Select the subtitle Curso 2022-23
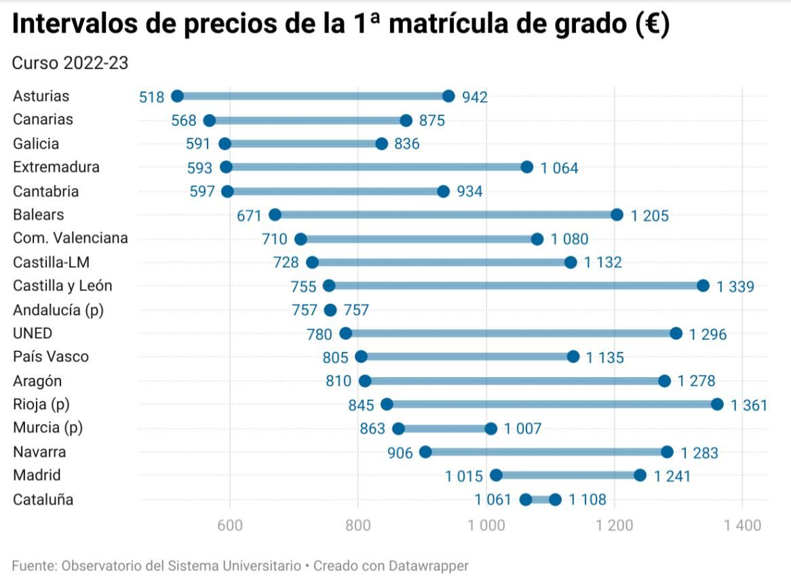[x=71, y=63]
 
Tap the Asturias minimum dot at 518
[x=177, y=96]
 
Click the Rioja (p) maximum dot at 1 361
[x=717, y=404]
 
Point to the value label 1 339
[x=735, y=287]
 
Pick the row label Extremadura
[x=56, y=167]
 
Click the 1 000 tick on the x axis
[x=486, y=526]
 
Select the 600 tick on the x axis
[x=230, y=526]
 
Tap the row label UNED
[x=33, y=333]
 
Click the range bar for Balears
[x=446, y=215]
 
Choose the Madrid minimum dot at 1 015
[x=496, y=475]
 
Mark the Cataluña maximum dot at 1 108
[x=555, y=500]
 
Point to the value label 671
[x=250, y=216]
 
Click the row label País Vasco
[x=51, y=357]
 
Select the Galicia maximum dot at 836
[x=381, y=144]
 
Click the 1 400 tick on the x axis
[x=741, y=526]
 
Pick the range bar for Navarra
[x=546, y=452]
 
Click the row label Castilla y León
[x=62, y=286]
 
